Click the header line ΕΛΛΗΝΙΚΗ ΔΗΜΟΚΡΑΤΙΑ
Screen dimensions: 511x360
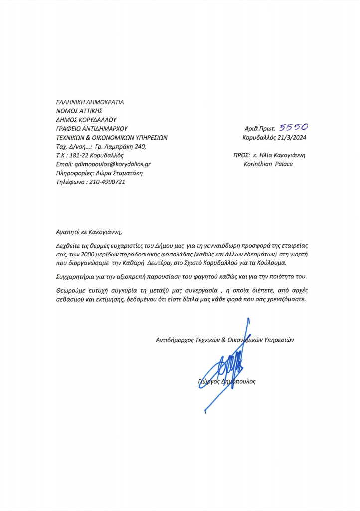(90, 102)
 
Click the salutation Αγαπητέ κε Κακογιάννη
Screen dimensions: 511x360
(89, 232)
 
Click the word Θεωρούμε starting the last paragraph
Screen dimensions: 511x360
(70, 290)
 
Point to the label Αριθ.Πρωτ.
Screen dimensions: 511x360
(261, 128)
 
